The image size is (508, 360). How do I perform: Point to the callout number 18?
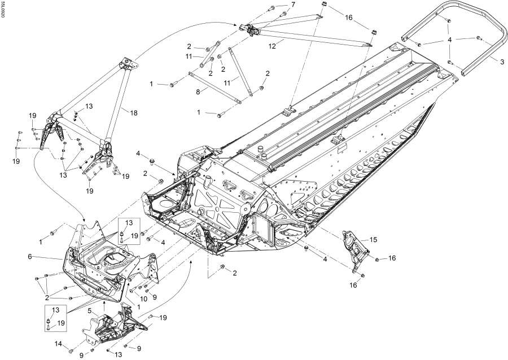[133, 113]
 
